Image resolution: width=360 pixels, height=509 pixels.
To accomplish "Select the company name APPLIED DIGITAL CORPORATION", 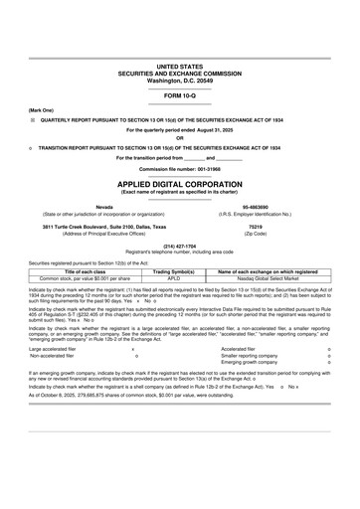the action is click(179, 185).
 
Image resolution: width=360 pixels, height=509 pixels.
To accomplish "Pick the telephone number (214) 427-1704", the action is click(179, 246).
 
